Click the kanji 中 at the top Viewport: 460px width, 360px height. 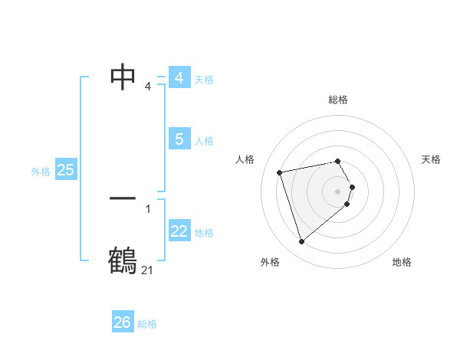123,77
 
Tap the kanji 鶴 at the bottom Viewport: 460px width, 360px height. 123,260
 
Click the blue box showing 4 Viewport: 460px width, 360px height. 179,78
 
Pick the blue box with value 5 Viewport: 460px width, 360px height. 179,139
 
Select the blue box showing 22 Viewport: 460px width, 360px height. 179,231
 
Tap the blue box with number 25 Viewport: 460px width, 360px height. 66,170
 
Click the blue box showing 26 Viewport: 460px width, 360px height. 123,322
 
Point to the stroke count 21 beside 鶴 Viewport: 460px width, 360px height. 147,270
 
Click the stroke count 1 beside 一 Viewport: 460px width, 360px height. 147,208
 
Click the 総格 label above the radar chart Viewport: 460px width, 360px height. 338,100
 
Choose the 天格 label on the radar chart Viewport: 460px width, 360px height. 432,159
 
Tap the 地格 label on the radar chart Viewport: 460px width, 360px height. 402,262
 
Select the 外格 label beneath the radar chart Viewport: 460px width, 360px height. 270,262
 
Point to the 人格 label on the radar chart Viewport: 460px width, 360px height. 245,159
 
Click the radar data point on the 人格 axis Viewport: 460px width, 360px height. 281,172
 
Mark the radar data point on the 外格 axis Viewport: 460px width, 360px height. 302,242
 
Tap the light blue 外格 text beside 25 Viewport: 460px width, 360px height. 41,172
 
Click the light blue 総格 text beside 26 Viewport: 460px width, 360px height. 147,324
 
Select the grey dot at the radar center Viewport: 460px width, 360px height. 338,190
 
